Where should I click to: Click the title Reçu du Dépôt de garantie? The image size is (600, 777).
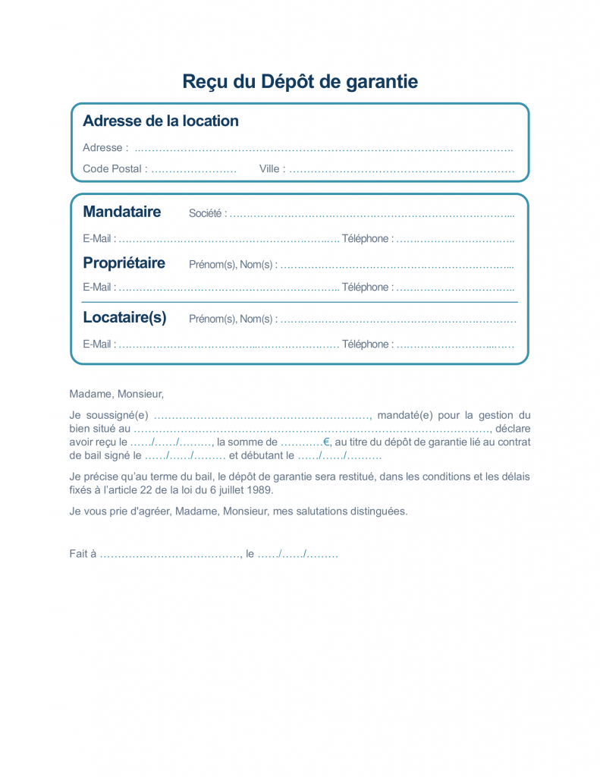click(300, 81)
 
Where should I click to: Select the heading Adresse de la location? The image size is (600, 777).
click(160, 121)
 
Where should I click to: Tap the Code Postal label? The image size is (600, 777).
click(115, 169)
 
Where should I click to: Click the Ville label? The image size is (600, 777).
click(272, 169)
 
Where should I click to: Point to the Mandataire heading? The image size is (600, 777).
click(121, 212)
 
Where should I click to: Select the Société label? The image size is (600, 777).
click(207, 214)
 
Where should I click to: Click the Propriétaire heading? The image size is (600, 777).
click(124, 263)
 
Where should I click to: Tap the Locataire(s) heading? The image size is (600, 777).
click(124, 317)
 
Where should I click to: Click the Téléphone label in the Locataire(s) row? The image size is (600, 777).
click(367, 344)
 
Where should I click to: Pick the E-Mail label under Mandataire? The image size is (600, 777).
click(99, 239)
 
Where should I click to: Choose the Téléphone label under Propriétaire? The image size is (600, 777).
click(367, 288)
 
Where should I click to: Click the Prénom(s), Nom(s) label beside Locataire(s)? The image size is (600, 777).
click(232, 319)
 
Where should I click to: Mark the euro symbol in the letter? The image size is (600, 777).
click(327, 442)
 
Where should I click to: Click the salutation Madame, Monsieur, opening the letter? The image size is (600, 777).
click(116, 395)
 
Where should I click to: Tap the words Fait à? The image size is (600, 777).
click(83, 554)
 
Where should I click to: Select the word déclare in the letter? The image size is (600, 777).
click(513, 429)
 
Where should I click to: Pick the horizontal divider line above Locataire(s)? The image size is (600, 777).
click(300, 302)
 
